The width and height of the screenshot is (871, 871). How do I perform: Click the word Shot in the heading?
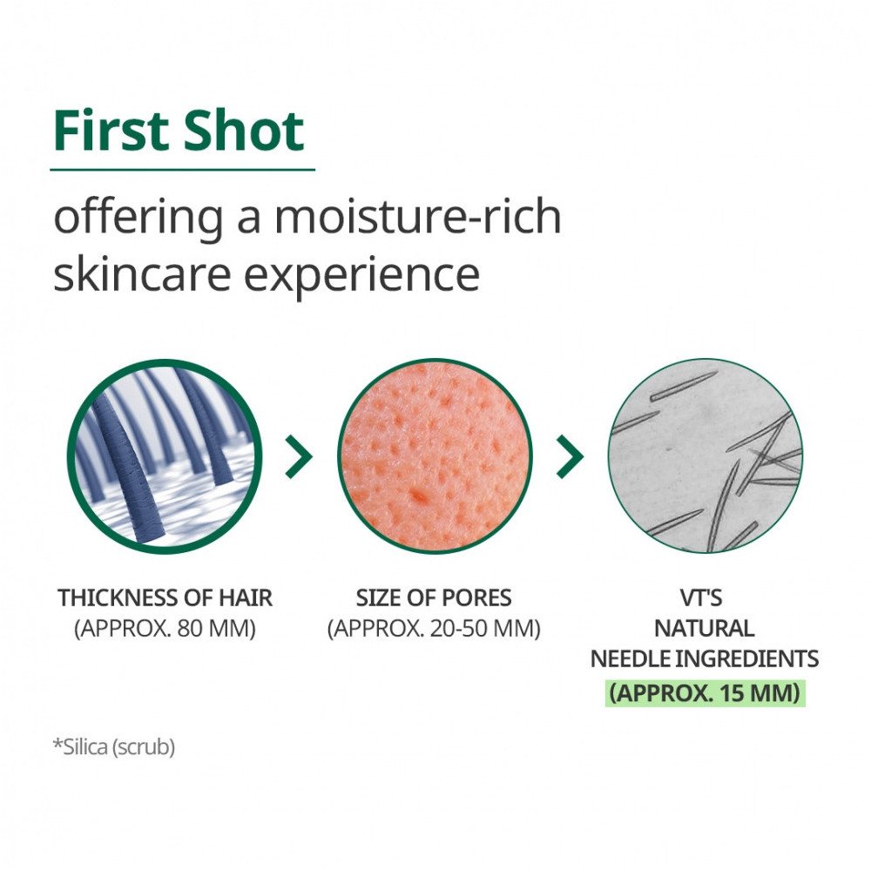[x=244, y=131]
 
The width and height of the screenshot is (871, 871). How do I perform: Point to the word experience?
[x=361, y=277]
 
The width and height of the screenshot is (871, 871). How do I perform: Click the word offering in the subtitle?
[x=138, y=219]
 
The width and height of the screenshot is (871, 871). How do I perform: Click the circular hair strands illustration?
[x=165, y=456]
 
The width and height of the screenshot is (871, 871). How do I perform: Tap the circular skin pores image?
[x=435, y=456]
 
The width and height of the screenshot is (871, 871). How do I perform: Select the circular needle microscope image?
[x=706, y=456]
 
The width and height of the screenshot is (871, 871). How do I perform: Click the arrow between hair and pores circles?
[x=300, y=456]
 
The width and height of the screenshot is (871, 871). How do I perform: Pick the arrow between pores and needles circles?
[x=571, y=456]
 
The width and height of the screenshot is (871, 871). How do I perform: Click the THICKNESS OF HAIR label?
[x=165, y=598]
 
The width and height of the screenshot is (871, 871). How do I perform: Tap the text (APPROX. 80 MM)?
[x=165, y=628]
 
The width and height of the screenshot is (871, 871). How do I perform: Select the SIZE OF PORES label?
[x=434, y=598]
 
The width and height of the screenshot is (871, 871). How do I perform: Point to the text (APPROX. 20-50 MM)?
[x=434, y=628]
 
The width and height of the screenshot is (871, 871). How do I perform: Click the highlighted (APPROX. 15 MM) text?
[x=705, y=692]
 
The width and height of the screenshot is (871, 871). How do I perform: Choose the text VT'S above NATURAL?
[x=701, y=598]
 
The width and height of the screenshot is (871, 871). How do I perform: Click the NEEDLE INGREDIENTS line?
[x=705, y=658]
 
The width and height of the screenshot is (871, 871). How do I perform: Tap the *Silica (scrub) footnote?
[x=114, y=747]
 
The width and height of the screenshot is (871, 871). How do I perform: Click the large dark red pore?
[x=418, y=494]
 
